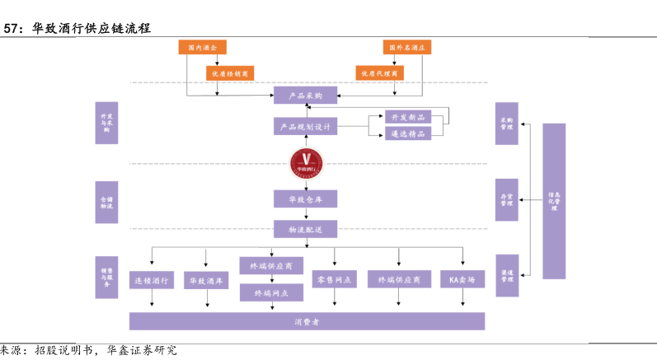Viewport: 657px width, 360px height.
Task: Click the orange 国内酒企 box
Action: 202,48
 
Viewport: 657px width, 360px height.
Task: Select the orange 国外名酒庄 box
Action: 407,48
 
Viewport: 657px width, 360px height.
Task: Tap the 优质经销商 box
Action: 231,73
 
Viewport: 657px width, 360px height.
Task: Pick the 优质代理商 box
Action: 380,73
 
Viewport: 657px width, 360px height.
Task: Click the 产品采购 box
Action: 305,96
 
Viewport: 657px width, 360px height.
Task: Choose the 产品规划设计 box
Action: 305,126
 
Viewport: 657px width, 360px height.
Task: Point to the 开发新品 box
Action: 408,118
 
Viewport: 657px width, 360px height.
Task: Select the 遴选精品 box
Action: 408,133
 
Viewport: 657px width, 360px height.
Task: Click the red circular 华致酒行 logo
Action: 306,162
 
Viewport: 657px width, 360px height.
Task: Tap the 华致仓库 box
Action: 305,199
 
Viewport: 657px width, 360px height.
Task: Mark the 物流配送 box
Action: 305,228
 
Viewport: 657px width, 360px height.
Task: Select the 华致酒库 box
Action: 206,280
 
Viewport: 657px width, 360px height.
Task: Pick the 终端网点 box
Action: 271,292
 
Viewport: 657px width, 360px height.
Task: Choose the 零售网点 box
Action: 335,280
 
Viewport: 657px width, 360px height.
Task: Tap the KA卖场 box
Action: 462,280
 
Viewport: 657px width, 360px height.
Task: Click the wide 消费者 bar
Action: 307,320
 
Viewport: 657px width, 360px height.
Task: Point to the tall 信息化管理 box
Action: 554,200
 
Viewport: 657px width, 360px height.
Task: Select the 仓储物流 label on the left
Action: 107,203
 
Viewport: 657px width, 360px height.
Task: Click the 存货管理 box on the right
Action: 506,199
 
